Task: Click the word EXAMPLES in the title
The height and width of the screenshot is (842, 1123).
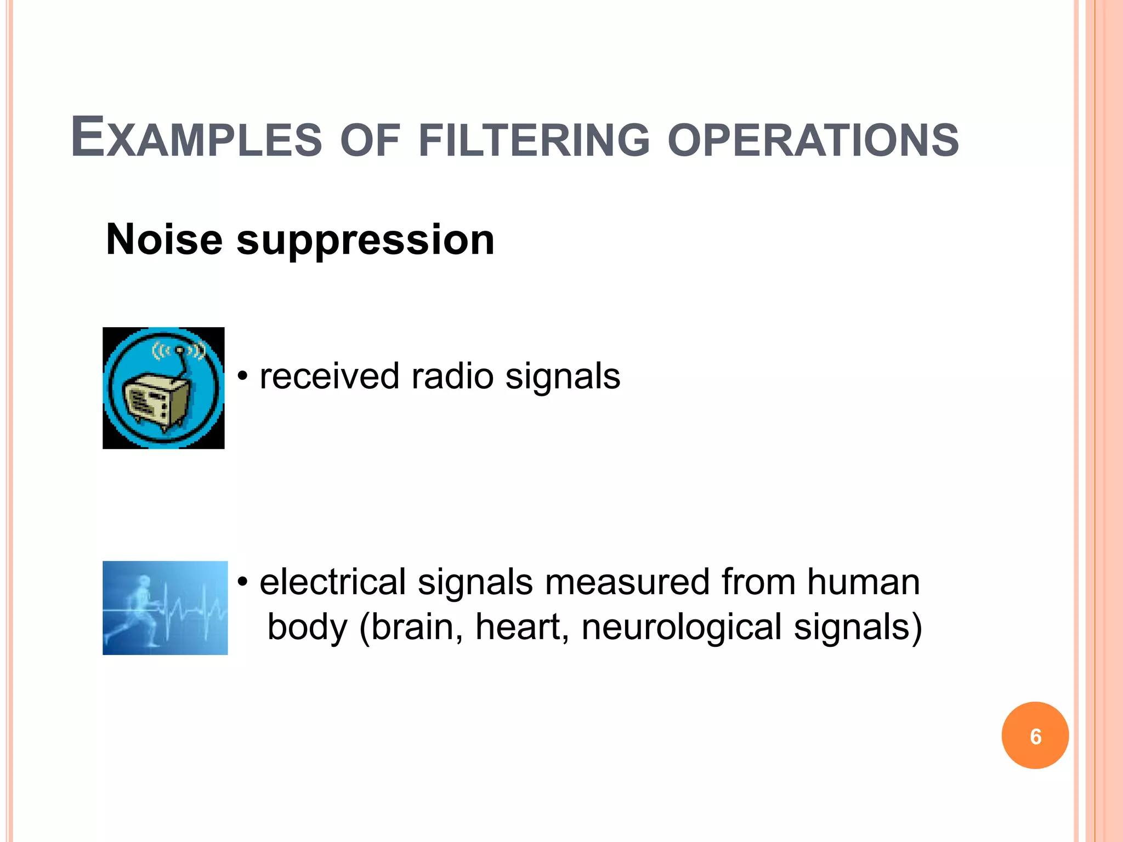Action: coord(196,138)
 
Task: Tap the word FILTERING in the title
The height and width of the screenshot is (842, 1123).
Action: coord(534,140)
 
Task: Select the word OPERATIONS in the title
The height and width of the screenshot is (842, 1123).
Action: coord(813,140)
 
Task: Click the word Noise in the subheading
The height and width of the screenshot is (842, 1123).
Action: coord(164,240)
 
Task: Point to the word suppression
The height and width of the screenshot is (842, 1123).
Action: coord(365,241)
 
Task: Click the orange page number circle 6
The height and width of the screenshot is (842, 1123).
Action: coord(1035,736)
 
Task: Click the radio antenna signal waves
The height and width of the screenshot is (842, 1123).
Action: coord(179,350)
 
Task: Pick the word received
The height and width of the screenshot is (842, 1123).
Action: coord(329,377)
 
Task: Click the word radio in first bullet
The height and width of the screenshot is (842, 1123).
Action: coord(452,377)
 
